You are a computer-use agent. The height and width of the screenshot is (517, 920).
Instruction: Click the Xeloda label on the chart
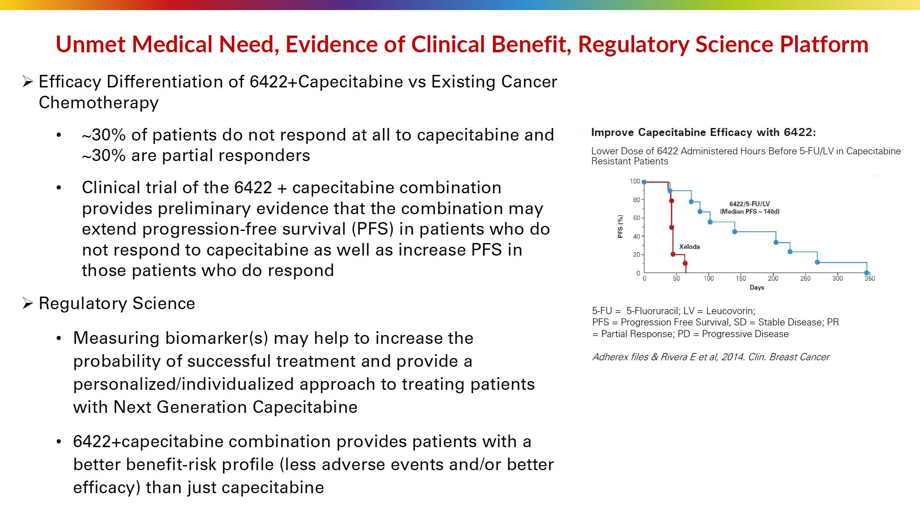[689, 247]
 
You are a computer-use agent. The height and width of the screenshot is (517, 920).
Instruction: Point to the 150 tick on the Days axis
[741, 279]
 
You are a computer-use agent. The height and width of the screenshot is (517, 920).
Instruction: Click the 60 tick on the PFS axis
[637, 218]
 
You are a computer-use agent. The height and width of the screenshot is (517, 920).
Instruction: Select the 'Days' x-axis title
[757, 288]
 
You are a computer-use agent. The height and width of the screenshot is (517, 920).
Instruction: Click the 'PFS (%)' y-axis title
[620, 227]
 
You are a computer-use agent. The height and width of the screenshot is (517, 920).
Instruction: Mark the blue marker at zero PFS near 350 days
[866, 273]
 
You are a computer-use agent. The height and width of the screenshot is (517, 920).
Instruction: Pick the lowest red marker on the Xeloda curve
[685, 264]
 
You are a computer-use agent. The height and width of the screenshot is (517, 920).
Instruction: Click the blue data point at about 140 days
[735, 232]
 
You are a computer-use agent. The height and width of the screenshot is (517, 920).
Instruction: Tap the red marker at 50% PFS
[671, 228]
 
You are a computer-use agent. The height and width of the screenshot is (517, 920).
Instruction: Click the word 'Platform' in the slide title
[824, 44]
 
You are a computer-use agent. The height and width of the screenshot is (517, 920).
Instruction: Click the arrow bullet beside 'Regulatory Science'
[28, 303]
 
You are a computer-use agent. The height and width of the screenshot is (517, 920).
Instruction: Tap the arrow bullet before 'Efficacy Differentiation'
[28, 82]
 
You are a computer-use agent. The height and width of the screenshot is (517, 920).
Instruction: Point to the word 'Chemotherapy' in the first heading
[99, 102]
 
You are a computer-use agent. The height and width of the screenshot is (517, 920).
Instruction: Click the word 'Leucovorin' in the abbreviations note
[730, 311]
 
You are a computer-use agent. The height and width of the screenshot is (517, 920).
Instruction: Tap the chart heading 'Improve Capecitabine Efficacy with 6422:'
[704, 133]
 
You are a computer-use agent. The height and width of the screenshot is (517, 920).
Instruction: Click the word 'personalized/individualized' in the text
[224, 384]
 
